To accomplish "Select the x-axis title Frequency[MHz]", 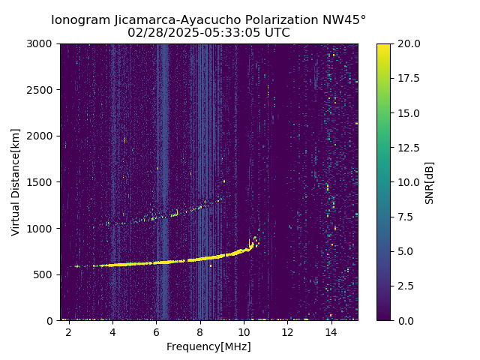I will [x=208, y=346].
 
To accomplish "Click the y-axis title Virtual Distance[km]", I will [x=15, y=181].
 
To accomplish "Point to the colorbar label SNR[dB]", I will [x=430, y=182].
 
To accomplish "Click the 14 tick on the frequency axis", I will [x=331, y=331].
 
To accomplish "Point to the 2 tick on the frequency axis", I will [x=69, y=331].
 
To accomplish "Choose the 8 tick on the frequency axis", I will [x=200, y=331].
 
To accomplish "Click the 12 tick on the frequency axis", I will [x=287, y=331].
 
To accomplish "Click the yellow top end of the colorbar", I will [x=383, y=46].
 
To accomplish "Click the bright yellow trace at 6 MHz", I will [x=156, y=262].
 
